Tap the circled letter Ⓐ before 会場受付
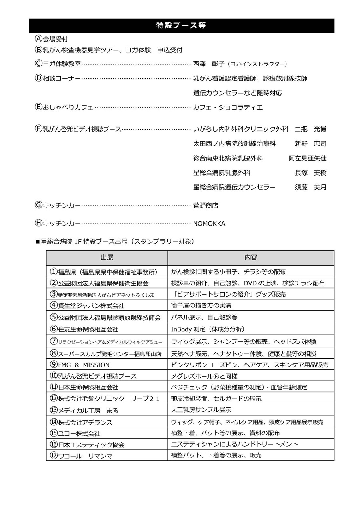38,39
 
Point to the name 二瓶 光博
310,129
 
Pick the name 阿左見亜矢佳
307,158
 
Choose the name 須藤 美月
310,187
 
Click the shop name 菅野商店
206,205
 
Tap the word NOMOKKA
209,224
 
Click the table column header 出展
107,258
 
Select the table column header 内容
251,258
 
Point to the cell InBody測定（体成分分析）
208,329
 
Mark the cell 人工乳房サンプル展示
201,410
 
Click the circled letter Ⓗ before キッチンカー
38,224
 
